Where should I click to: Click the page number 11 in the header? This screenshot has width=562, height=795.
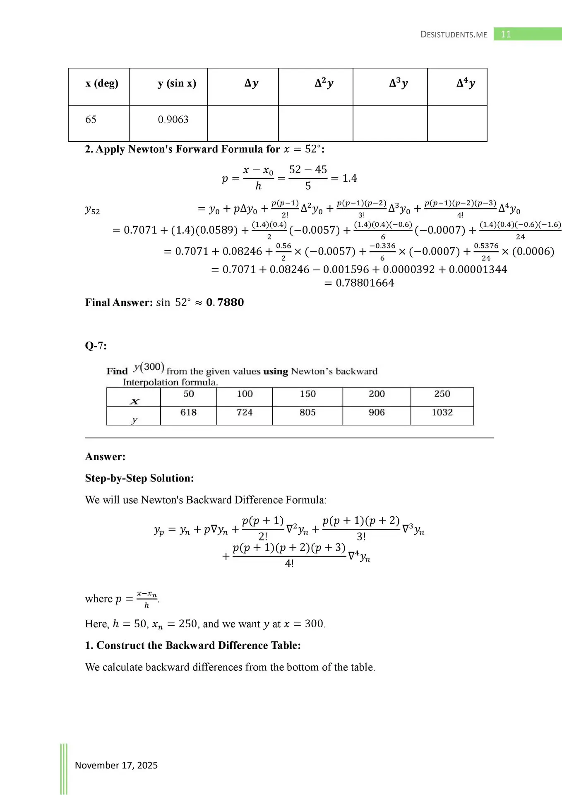click(x=506, y=34)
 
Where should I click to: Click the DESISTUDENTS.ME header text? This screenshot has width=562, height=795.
click(x=454, y=35)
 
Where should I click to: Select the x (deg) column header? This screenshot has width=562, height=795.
click(x=102, y=83)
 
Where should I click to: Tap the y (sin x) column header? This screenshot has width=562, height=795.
click(x=177, y=83)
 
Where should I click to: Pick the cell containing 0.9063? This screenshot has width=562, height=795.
click(x=173, y=120)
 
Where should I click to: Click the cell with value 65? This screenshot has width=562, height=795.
click(x=91, y=120)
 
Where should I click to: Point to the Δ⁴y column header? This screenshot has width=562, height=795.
click(x=466, y=83)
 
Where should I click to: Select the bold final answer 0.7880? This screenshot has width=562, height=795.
click(x=225, y=302)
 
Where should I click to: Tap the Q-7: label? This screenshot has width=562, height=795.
click(x=96, y=346)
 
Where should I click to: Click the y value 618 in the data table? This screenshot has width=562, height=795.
click(x=188, y=412)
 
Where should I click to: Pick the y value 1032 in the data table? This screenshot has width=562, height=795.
click(x=442, y=412)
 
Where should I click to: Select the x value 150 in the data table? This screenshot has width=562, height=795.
click(x=307, y=394)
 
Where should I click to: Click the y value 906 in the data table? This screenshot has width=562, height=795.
click(x=377, y=412)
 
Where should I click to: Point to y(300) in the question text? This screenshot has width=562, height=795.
click(x=149, y=367)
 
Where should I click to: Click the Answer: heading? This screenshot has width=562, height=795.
click(x=105, y=457)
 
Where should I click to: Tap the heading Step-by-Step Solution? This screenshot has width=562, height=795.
click(x=139, y=478)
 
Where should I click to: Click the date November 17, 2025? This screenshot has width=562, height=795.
click(x=116, y=765)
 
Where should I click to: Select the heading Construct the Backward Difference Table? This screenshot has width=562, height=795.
click(x=198, y=646)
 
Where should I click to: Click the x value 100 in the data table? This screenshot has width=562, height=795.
click(x=245, y=394)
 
